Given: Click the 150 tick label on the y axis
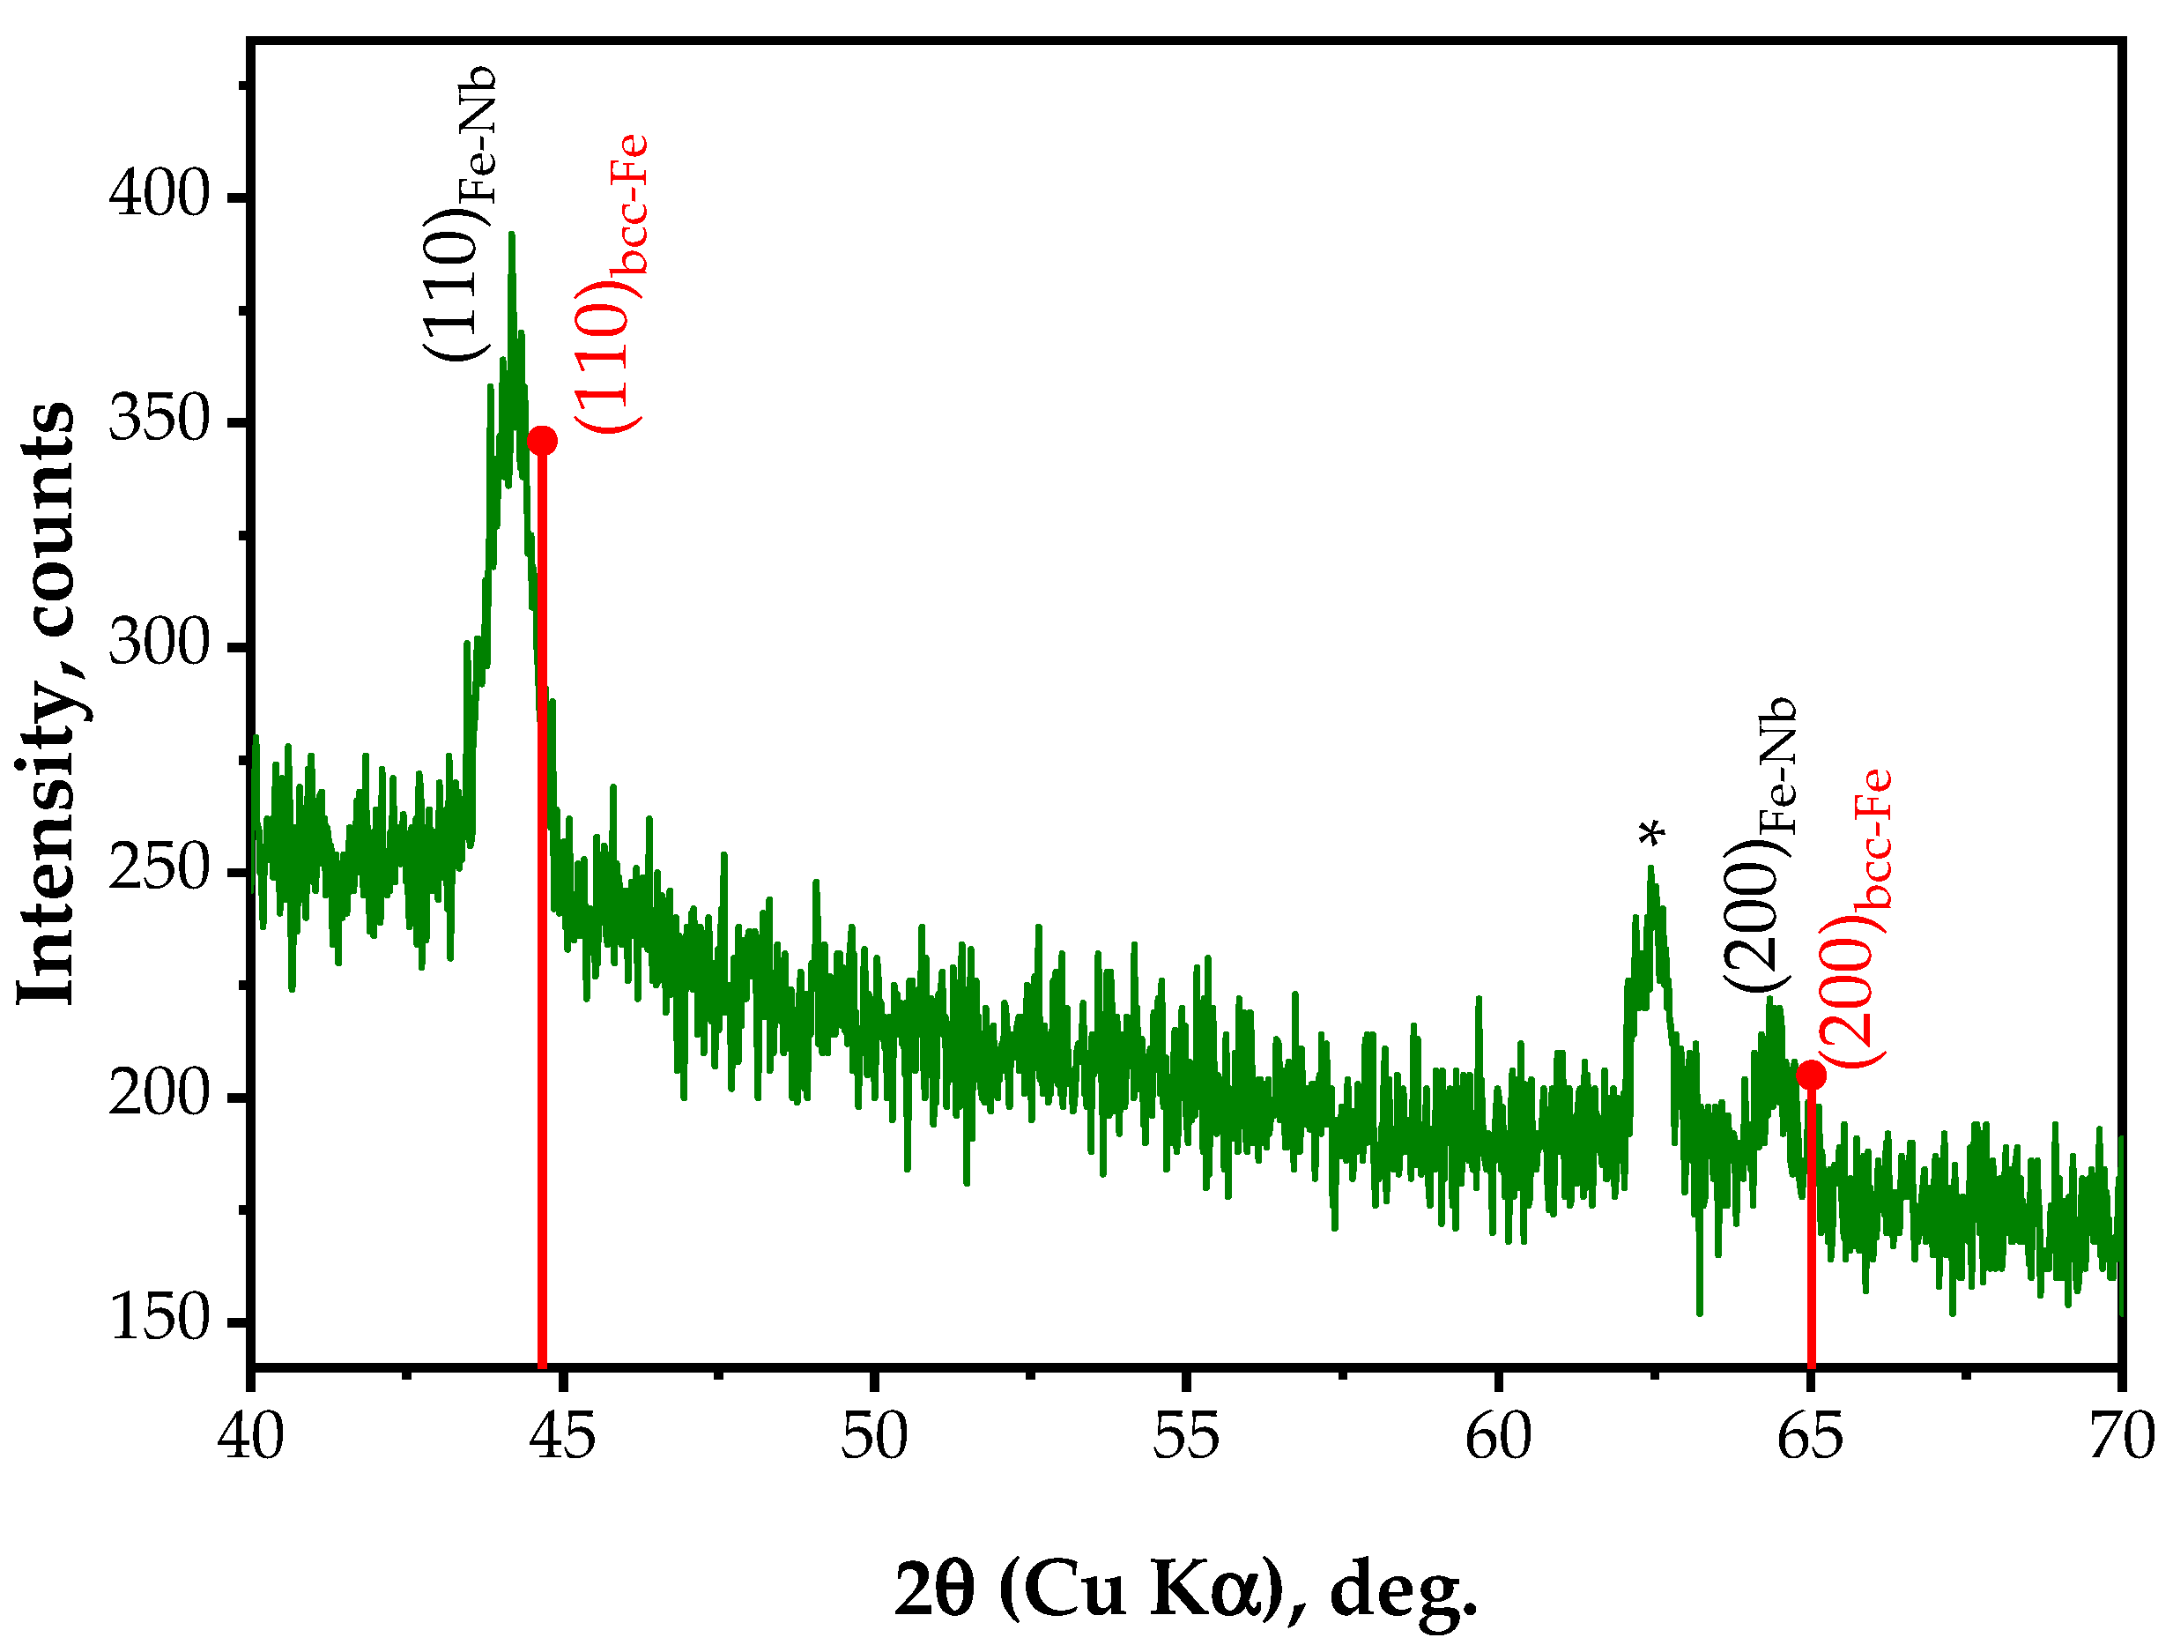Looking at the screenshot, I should (x=159, y=1318).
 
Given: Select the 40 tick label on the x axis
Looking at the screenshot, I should (x=251, y=1437).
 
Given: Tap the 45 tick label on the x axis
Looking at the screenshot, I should (x=563, y=1437).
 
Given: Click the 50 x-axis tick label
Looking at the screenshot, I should (x=874, y=1437).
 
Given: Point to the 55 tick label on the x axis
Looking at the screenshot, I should (x=1186, y=1437).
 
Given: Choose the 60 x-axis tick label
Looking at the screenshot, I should (x=1498, y=1437).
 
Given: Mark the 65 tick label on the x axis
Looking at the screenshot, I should (x=1810, y=1437).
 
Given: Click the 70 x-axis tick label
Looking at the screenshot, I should (x=2122, y=1437).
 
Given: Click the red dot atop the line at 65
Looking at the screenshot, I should (x=1811, y=1075).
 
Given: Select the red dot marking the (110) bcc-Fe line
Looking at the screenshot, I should (x=542, y=440).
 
